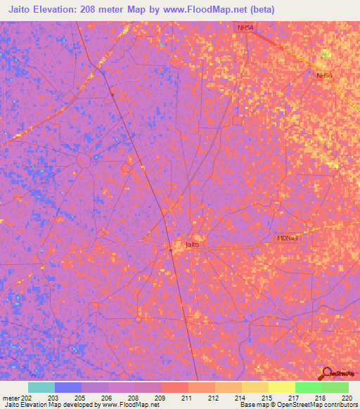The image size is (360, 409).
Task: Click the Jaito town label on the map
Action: point(192,245)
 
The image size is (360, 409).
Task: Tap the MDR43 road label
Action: point(287,238)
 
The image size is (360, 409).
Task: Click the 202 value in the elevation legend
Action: point(25,398)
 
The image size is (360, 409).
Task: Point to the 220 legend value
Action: point(348,398)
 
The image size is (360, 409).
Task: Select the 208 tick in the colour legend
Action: point(133,398)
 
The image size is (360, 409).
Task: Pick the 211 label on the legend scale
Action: point(186,398)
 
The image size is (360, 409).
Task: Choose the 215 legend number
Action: point(267,398)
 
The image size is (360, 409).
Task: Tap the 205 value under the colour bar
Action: point(79,398)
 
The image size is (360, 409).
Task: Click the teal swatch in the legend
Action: point(41,387)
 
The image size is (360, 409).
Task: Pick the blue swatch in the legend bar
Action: point(68,387)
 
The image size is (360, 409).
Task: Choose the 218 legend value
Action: point(321,398)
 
